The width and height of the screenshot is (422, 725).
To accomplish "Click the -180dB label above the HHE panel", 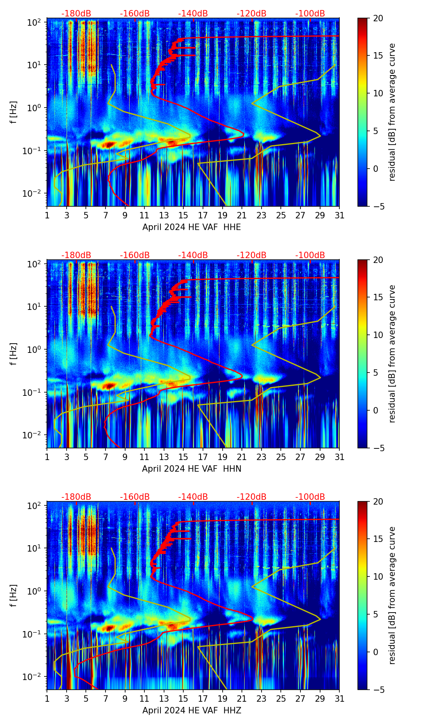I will coord(76,14).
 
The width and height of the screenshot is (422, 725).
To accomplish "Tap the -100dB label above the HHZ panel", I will coord(310,497).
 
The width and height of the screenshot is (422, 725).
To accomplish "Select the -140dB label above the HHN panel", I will coord(193,255).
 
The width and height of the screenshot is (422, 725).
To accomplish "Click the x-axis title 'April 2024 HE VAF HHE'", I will coord(191,227).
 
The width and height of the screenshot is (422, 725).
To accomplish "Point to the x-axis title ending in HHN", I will coord(191,468).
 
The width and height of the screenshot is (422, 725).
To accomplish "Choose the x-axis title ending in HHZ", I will coord(191,710).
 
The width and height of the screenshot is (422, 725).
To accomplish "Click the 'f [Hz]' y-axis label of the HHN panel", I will coord(14,354).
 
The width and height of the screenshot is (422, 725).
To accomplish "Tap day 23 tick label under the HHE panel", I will coord(262,215).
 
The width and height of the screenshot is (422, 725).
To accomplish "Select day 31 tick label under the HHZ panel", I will coord(339,699).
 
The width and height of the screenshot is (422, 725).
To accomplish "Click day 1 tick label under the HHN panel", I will coord(47,457).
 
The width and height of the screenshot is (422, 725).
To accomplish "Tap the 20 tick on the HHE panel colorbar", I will coord(378,18).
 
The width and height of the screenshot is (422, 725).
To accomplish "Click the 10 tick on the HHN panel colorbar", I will coord(378,335).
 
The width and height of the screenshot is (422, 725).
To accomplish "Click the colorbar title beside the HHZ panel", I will coord(392,595).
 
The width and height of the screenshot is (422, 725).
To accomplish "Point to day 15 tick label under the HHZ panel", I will coord(183,699).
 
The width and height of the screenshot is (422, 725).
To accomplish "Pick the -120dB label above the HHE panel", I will coord(252,14).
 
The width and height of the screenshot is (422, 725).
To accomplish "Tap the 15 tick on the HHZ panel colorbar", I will coord(378,539).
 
